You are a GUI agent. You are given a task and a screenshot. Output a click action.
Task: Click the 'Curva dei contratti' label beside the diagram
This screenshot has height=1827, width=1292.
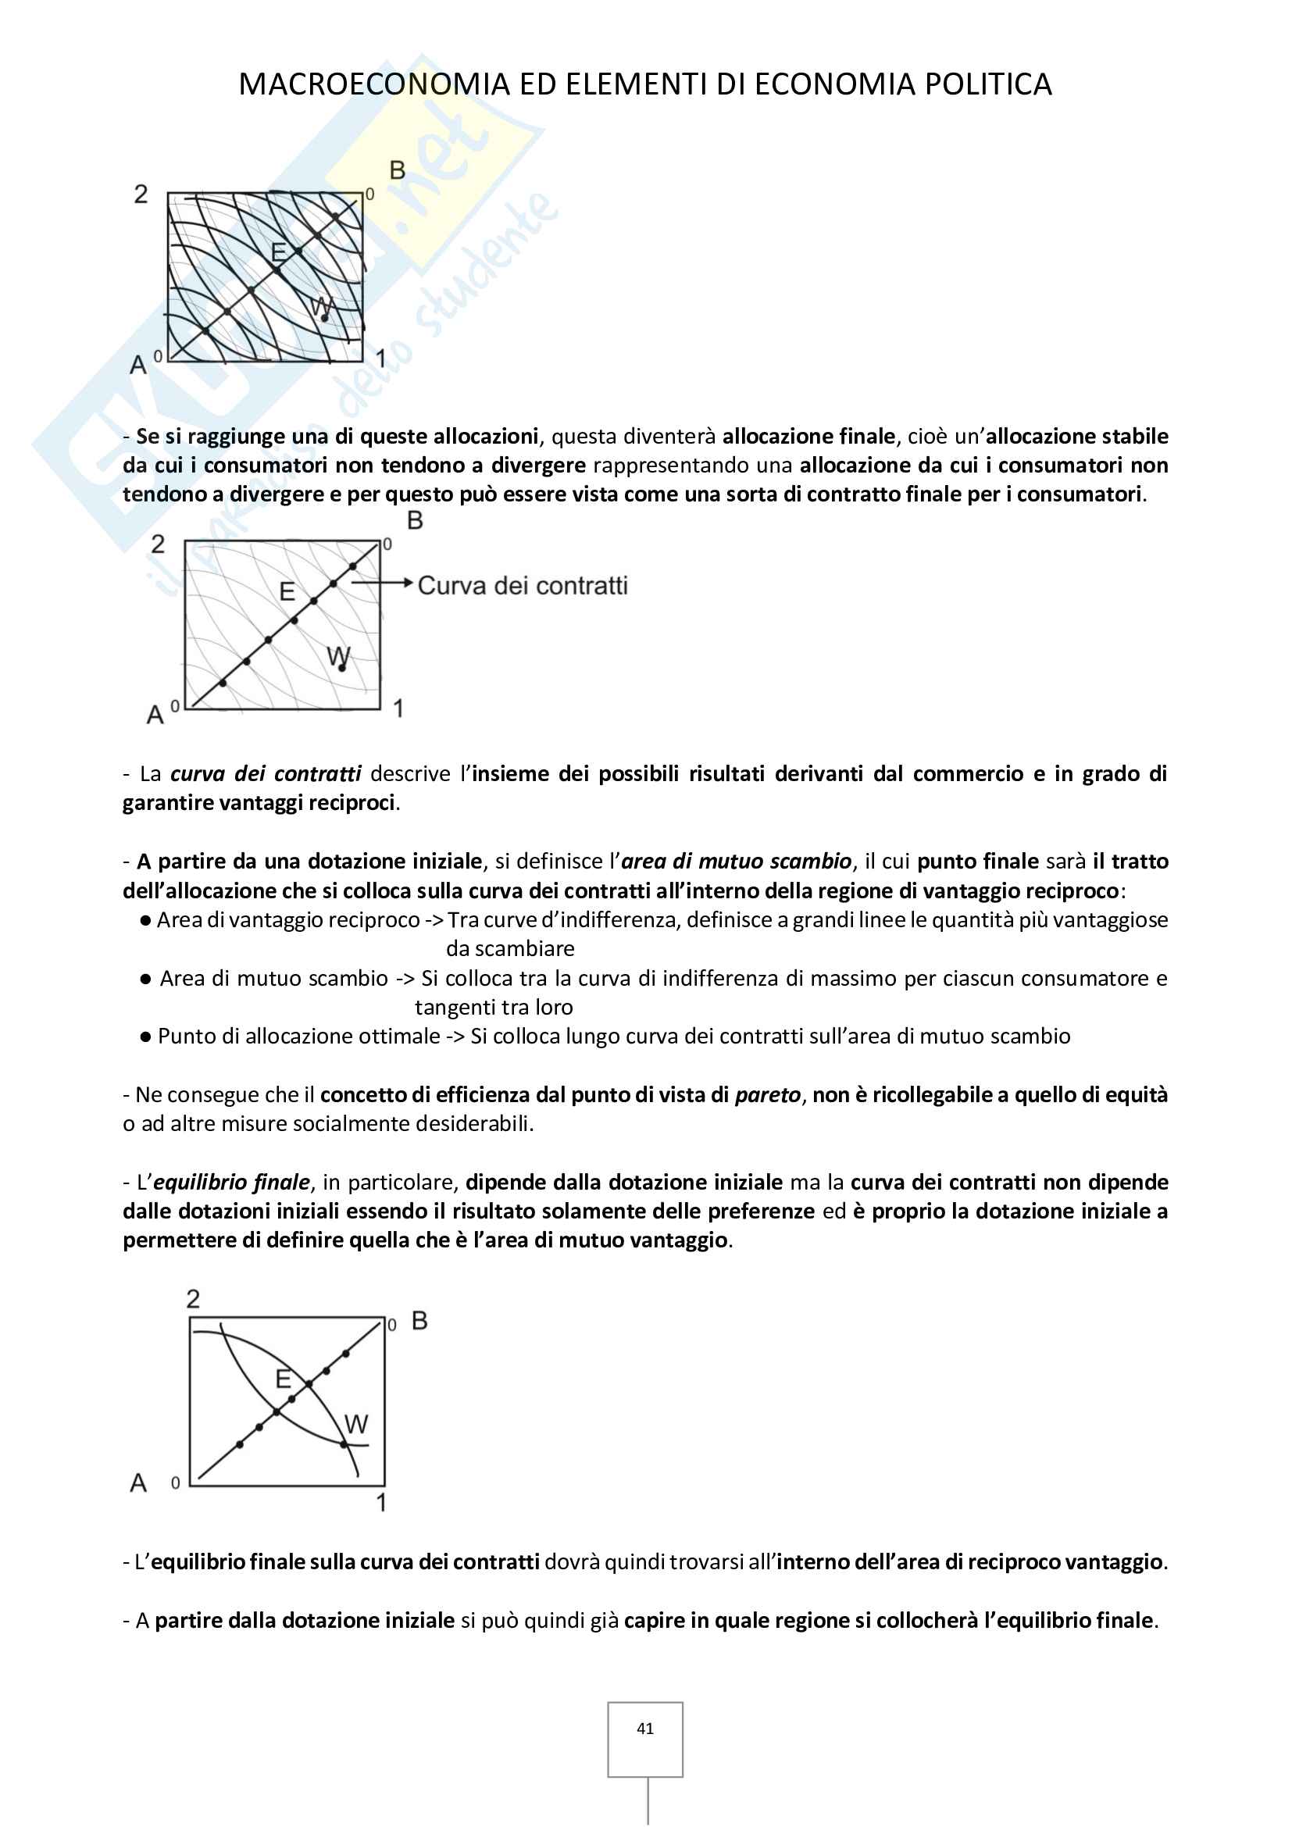coord(523,586)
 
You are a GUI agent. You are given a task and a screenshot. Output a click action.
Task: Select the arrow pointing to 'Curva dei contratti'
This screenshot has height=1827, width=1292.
coord(383,583)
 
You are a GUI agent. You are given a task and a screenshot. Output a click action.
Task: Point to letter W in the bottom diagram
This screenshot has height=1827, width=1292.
coord(356,1424)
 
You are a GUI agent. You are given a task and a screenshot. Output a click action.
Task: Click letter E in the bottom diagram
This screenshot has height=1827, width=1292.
coord(284,1379)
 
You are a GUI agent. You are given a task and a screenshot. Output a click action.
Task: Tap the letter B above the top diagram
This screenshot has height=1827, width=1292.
coord(397,170)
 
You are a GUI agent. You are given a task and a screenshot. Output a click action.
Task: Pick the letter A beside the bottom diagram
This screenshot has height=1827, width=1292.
coord(138,1483)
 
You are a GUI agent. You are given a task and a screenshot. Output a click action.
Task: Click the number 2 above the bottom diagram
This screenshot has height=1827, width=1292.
coord(193,1299)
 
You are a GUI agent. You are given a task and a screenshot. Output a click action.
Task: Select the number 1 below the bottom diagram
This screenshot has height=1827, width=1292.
coord(381,1502)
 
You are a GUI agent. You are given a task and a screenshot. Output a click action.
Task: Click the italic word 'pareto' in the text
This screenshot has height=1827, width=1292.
coord(767,1095)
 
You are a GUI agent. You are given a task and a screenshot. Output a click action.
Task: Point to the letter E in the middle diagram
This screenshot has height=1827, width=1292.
coord(287,592)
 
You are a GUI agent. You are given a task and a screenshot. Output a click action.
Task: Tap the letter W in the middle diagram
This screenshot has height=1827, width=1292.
coord(338,656)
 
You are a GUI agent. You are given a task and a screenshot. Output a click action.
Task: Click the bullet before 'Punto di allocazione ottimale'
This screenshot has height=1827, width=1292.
coord(145,1037)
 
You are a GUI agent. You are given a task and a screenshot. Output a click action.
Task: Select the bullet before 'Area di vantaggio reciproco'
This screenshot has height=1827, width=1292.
coord(145,921)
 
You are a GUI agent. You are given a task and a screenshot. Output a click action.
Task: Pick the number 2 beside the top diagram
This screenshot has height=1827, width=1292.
coord(141,194)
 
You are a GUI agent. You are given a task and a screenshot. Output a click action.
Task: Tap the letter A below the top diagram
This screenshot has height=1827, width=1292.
coord(138,366)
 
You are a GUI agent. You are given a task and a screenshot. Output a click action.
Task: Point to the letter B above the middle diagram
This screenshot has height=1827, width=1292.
coord(415,520)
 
